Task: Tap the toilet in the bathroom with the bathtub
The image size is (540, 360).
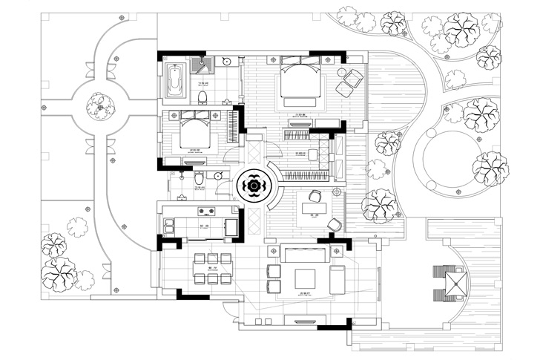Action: [202, 96]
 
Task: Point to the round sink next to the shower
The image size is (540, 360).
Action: [227, 62]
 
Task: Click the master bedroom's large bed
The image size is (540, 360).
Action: [299, 82]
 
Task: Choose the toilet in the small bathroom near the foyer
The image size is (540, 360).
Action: [198, 178]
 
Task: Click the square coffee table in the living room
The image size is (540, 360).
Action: [306, 279]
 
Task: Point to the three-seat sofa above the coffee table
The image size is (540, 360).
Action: [306, 255]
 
